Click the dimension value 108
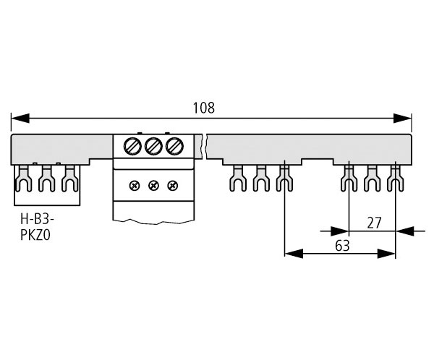(x=203, y=108)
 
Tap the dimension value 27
(x=374, y=223)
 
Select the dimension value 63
(x=342, y=246)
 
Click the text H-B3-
(x=37, y=219)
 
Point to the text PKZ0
(x=35, y=236)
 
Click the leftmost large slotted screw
(x=132, y=146)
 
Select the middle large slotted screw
(x=153, y=146)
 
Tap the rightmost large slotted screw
(x=174, y=146)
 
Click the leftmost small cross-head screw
(x=135, y=185)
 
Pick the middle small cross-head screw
(x=153, y=185)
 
